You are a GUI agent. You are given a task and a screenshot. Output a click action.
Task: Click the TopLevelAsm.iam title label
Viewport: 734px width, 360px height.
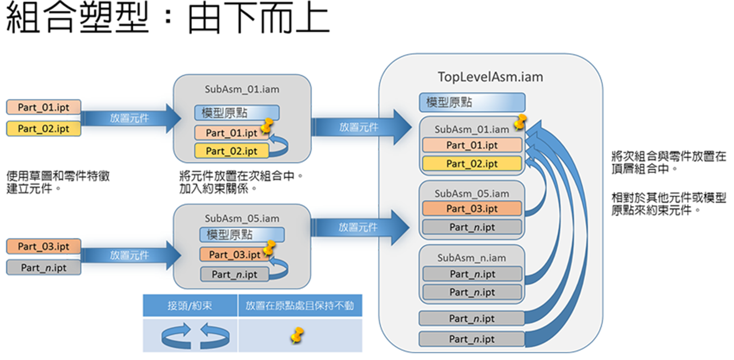(x=490, y=77)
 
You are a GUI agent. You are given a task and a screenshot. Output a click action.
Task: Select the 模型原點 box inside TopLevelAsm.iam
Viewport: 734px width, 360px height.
(x=471, y=102)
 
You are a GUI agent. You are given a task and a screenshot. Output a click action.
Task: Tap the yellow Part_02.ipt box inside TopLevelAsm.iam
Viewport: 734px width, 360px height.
(x=471, y=164)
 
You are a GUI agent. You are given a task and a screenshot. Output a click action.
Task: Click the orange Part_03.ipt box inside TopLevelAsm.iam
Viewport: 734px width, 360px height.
(x=471, y=208)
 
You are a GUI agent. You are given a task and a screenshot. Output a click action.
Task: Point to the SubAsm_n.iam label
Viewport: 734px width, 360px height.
(x=471, y=258)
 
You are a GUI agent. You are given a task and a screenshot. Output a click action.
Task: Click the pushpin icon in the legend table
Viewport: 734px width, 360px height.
(x=298, y=335)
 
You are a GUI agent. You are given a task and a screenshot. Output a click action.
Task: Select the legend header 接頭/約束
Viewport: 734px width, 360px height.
(x=190, y=305)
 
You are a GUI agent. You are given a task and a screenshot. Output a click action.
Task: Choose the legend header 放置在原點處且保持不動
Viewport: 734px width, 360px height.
(x=300, y=305)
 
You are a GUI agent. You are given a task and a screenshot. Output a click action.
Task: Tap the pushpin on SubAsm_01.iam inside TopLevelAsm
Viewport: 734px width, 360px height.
(x=520, y=122)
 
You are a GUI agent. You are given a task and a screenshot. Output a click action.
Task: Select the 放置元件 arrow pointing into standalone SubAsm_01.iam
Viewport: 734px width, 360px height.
(x=130, y=118)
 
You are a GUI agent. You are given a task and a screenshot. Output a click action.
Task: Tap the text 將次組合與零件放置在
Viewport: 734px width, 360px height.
(x=668, y=158)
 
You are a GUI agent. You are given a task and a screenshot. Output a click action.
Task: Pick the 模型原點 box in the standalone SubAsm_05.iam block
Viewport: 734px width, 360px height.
(x=242, y=234)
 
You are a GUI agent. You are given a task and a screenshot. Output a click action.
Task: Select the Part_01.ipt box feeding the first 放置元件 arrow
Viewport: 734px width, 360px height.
(x=44, y=107)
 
